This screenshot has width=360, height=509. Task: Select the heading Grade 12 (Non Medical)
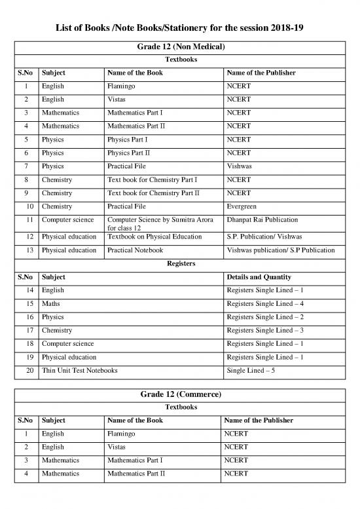coord(179,48)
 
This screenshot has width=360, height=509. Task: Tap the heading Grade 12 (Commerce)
coord(179,395)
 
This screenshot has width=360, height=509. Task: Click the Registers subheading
coord(179,263)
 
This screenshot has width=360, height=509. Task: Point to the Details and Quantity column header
coord(258,276)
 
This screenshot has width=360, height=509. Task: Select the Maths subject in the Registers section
coord(51,303)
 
